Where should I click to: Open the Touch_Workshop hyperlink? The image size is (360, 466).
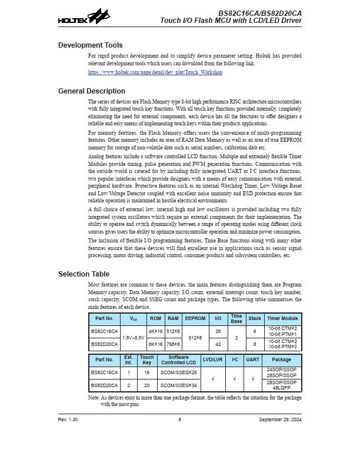[155, 72]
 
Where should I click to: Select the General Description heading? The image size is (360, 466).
[92, 91]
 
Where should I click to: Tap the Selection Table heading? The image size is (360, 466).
[84, 274]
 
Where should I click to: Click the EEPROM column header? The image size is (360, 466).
[195, 318]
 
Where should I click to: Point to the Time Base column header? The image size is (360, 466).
[236, 318]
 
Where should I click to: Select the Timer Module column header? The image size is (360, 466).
[282, 318]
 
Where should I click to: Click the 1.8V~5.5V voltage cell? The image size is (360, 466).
[135, 338]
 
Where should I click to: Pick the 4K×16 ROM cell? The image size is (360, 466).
[155, 331]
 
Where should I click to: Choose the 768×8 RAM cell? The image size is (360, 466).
[173, 344]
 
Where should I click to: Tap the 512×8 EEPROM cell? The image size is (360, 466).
[195, 338]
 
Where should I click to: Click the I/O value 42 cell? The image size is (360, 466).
[218, 344]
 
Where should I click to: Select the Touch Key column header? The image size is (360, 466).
[147, 360]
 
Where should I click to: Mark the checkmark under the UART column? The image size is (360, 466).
[253, 379]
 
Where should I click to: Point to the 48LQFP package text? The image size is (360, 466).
[281, 388]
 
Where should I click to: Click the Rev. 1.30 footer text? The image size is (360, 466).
[68, 419]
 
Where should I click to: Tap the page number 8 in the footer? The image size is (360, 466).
[180, 419]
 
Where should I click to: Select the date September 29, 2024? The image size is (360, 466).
[280, 419]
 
